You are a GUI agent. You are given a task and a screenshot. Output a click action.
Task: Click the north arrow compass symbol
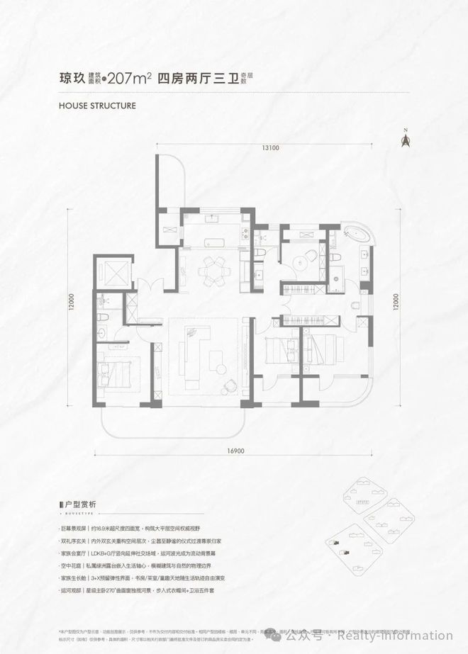point(406,138)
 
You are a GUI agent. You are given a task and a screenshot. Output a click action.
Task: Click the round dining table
point(213,269)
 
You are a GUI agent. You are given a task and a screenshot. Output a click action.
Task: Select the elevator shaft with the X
point(113,274)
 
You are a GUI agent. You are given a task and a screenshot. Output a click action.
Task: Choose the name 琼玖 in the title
point(71,80)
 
